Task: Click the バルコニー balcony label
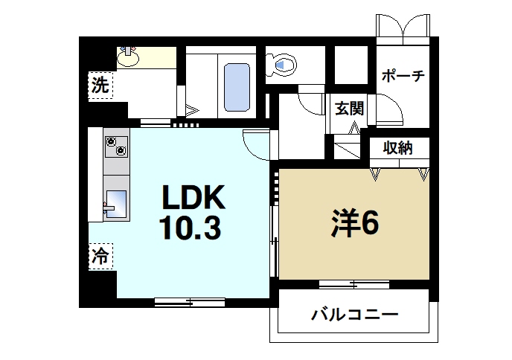(x=354, y=314)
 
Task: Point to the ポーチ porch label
(x=402, y=77)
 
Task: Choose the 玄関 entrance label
(x=348, y=109)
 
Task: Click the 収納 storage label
(x=399, y=147)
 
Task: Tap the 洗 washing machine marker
(x=100, y=85)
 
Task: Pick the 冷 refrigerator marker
(x=100, y=257)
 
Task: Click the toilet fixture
(x=284, y=65)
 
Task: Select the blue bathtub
(x=237, y=86)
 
